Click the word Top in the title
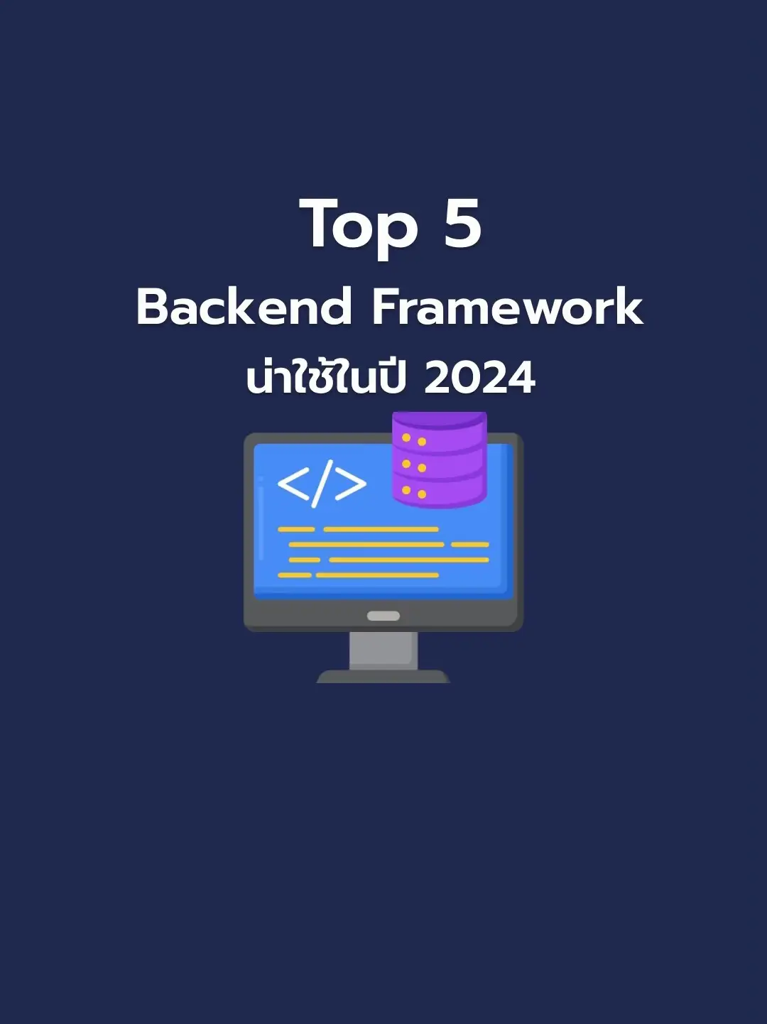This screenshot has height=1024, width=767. (359, 226)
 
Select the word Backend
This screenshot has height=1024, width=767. (244, 307)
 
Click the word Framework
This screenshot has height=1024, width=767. (507, 307)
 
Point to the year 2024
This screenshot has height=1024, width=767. (479, 378)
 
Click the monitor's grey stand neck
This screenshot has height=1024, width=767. (383, 650)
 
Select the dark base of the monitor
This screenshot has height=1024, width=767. (383, 676)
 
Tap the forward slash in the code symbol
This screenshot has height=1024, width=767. (322, 484)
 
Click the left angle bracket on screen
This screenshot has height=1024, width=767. (293, 484)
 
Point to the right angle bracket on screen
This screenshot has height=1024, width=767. (350, 484)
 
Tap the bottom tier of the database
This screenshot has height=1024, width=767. (439, 491)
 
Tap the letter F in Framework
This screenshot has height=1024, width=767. (388, 307)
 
